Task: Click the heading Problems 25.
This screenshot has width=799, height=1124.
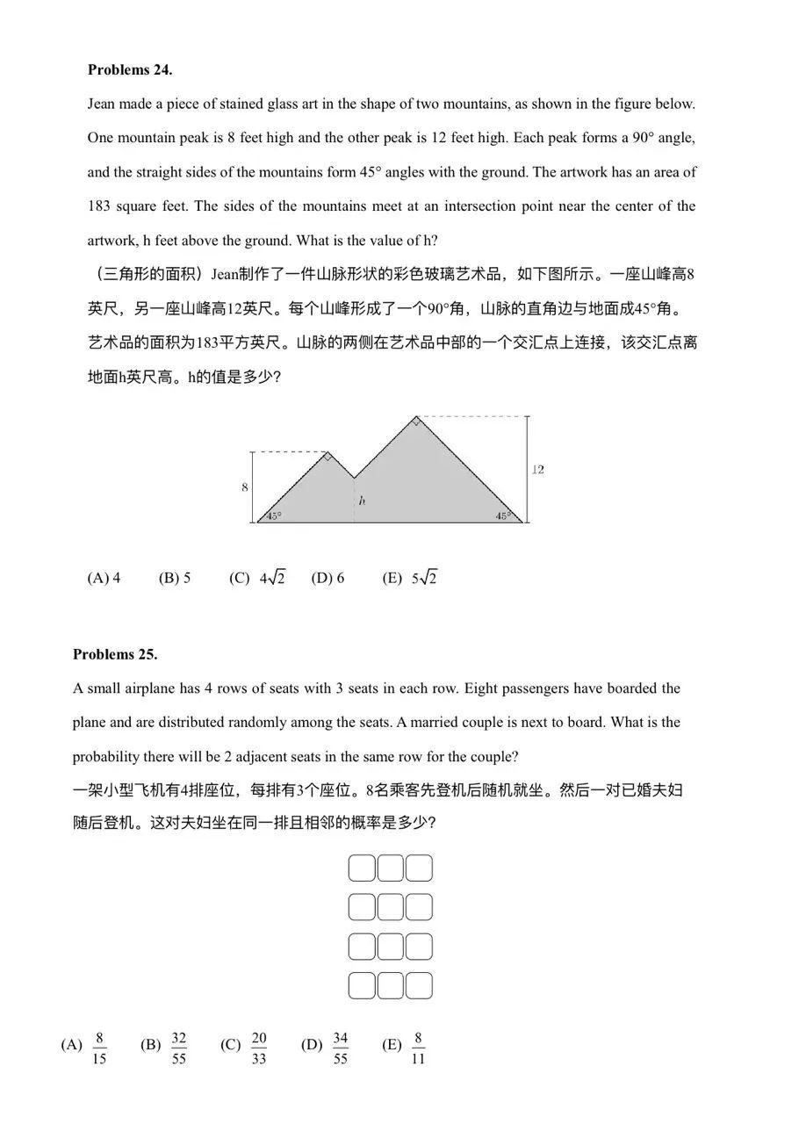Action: coord(115,654)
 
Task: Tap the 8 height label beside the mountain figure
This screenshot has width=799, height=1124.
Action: coord(245,487)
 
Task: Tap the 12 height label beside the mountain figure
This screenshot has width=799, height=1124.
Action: coord(538,470)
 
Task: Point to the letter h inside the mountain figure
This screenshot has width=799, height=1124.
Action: coord(361,501)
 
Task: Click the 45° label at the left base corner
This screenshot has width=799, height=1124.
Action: coord(273,516)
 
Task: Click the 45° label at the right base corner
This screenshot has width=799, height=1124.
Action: coord(502,516)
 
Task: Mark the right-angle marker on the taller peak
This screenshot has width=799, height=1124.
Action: coord(416,422)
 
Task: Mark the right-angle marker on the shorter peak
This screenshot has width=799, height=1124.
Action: coord(328,457)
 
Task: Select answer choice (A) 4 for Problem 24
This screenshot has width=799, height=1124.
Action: coord(104,578)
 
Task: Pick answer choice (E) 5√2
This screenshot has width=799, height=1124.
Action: coord(409,578)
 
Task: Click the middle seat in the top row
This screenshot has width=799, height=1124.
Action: coord(391,868)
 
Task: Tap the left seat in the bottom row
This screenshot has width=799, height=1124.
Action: coord(362,985)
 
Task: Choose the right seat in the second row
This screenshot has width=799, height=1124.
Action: coord(419,906)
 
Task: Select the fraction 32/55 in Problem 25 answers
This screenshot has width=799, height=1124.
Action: coord(178,1048)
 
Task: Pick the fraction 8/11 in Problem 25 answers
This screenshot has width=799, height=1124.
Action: coord(419,1048)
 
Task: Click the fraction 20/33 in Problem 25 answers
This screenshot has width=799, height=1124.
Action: coord(259,1048)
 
